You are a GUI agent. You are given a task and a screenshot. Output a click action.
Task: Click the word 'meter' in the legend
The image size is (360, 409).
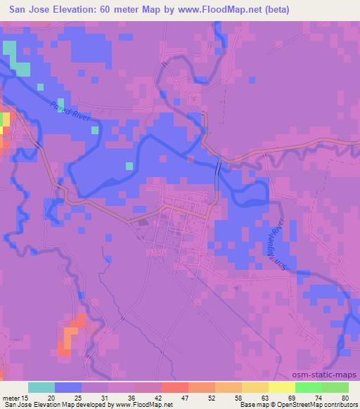pos(11,397)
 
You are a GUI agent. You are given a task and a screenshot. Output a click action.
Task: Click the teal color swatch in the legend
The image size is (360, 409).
pos(41,387)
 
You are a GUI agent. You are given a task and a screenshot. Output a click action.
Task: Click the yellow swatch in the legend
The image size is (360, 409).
pos(282,387)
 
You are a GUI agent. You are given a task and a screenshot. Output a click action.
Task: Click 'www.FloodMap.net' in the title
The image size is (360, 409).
pos(219,10)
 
